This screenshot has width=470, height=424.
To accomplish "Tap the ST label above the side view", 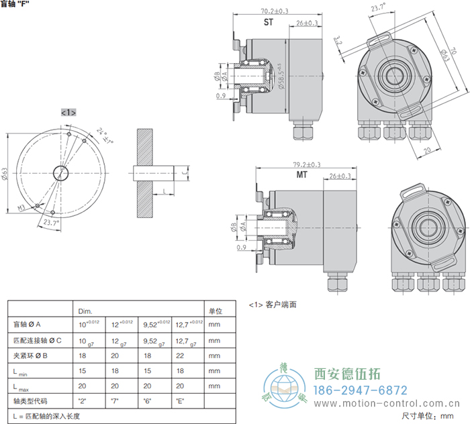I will point(269,23).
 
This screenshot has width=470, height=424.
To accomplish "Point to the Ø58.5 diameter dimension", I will point(281,74).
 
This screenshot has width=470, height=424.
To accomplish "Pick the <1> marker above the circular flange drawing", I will point(68,112).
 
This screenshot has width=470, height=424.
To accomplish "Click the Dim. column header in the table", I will point(85,311).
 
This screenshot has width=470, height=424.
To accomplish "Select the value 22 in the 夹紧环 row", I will point(179,356).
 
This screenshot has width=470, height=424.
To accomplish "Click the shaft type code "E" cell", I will point(179,401).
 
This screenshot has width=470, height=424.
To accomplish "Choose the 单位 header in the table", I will point(215,311).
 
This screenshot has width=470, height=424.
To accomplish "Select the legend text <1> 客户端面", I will point(273,305).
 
